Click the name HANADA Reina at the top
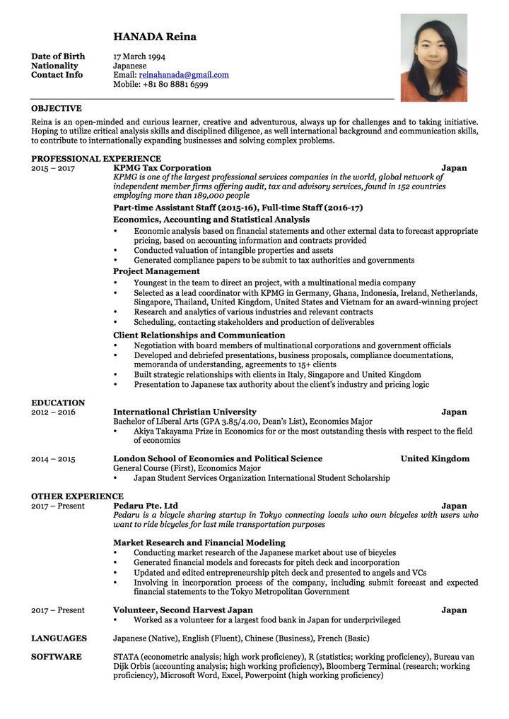(x=155, y=37)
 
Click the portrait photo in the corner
(x=433, y=58)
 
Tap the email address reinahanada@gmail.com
(x=184, y=75)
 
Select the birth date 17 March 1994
(x=139, y=57)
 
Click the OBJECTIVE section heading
(x=56, y=109)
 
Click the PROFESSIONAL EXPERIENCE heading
(x=96, y=159)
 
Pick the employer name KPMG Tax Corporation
(x=162, y=168)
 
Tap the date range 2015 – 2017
(x=53, y=168)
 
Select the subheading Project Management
(x=156, y=271)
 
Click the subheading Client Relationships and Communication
(x=199, y=335)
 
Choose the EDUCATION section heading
(x=58, y=403)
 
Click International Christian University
(x=185, y=412)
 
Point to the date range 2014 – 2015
(x=53, y=459)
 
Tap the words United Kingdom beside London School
(x=435, y=459)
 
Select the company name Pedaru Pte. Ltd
(x=146, y=506)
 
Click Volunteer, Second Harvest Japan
(x=182, y=610)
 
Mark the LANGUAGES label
(x=59, y=638)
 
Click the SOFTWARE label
(x=56, y=657)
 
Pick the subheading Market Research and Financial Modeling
(x=199, y=543)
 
